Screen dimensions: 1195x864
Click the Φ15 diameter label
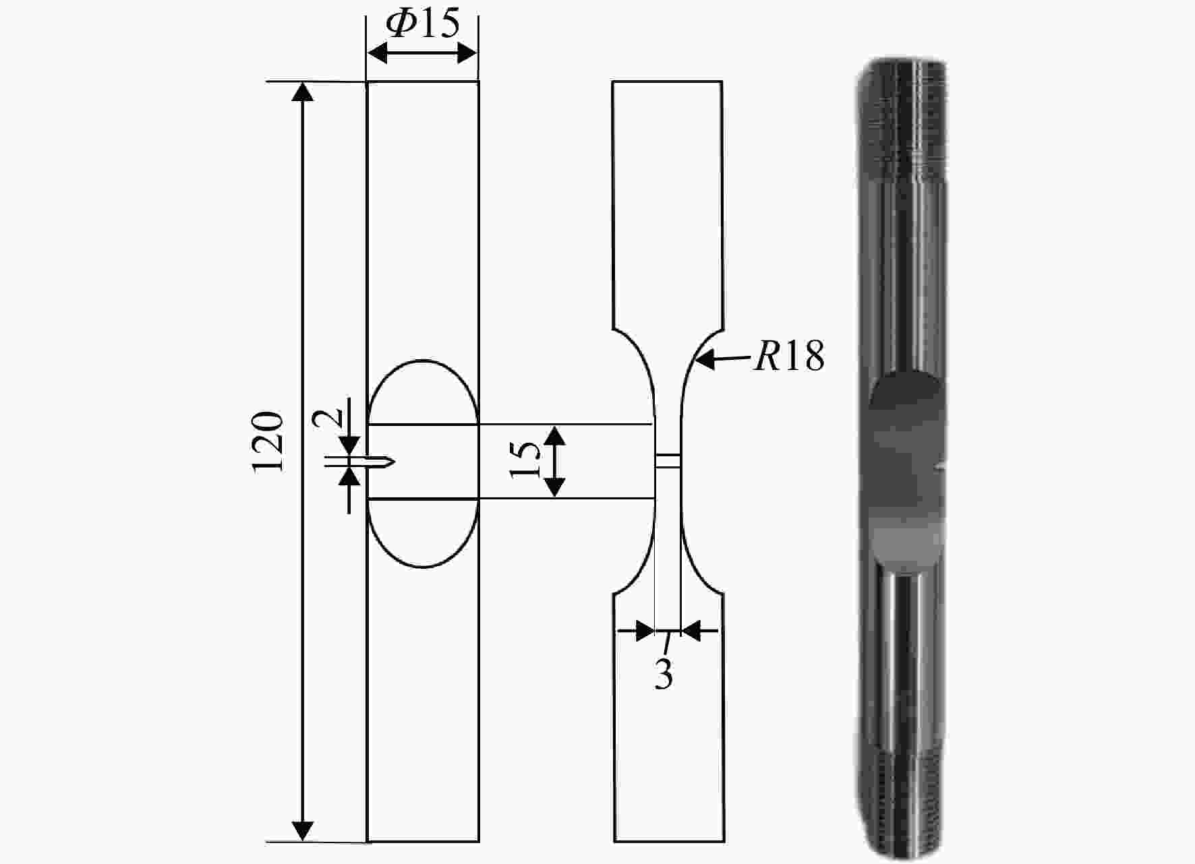tap(423, 24)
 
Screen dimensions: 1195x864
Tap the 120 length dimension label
tap(268, 442)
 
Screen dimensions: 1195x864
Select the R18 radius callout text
tap(789, 355)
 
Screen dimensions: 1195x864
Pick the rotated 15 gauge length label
tap(526, 460)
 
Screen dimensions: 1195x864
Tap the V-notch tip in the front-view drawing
tap(395, 462)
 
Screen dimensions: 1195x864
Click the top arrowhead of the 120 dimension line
tap(305, 91)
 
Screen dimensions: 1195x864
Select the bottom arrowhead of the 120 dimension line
tap(305, 832)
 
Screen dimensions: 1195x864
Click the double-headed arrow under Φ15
tap(422, 53)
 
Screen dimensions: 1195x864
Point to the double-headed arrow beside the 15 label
tap(554, 462)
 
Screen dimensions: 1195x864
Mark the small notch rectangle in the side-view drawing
tap(668, 460)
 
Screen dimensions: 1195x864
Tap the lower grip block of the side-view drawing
tap(669, 717)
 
